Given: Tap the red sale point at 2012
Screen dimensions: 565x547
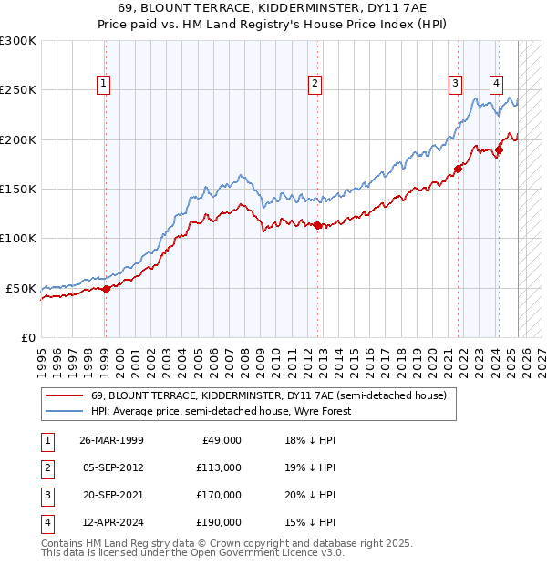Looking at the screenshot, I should pyautogui.click(x=316, y=225).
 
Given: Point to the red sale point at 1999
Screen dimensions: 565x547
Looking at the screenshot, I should pyautogui.click(x=106, y=289).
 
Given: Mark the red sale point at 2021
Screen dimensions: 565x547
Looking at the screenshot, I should pyautogui.click(x=459, y=169).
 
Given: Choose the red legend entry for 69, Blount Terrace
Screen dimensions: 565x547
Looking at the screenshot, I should pyautogui.click(x=268, y=396).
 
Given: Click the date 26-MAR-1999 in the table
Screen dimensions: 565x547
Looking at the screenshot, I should pyautogui.click(x=112, y=440).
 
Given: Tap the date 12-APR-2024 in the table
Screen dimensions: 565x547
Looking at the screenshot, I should pyautogui.click(x=111, y=522).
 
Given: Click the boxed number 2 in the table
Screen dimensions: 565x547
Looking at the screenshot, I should pyautogui.click(x=46, y=467).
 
